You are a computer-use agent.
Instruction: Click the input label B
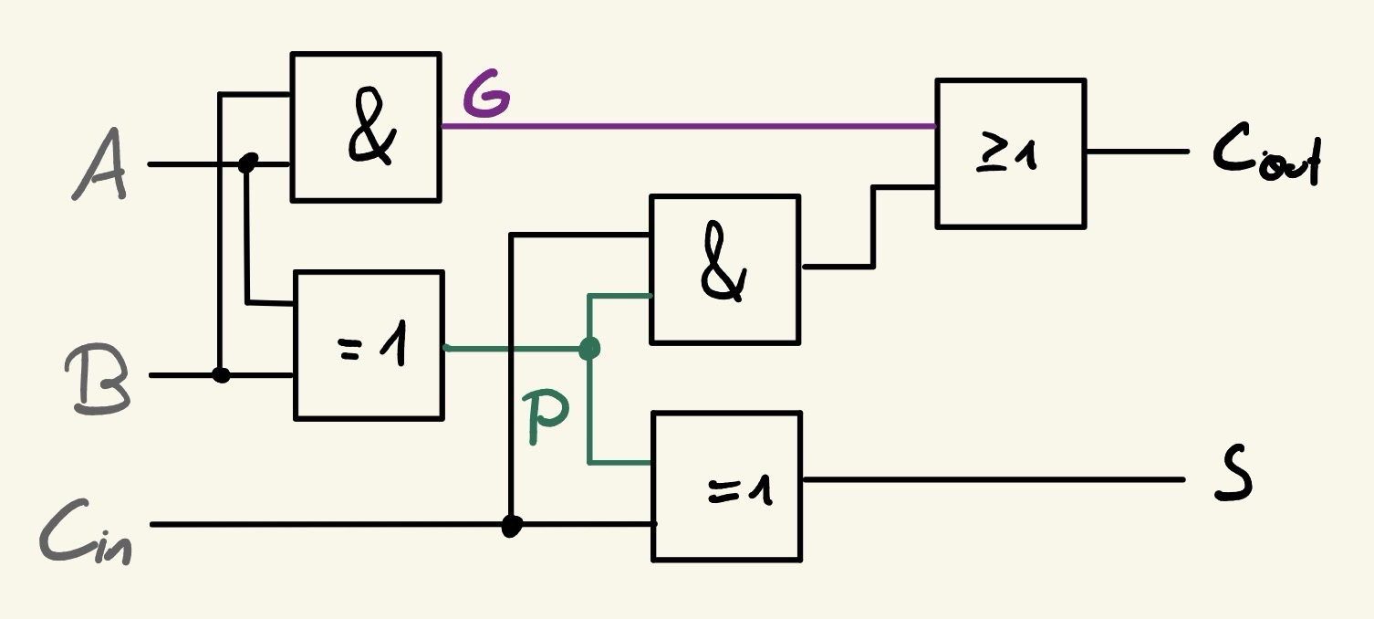(x=97, y=381)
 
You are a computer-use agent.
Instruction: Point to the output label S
(x=1233, y=479)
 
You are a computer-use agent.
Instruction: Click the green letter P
(x=548, y=420)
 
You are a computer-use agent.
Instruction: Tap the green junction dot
(x=589, y=348)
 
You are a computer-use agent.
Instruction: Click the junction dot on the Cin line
(x=512, y=526)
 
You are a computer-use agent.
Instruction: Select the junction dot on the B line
(x=221, y=374)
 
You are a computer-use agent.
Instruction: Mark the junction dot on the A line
(x=247, y=163)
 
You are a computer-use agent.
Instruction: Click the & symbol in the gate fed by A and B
(x=371, y=134)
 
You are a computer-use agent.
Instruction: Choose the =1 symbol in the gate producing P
(x=374, y=348)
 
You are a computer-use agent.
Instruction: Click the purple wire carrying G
(x=684, y=126)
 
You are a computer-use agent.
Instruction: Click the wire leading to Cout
(x=1136, y=152)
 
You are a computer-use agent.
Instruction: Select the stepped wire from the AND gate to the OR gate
(x=873, y=228)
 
